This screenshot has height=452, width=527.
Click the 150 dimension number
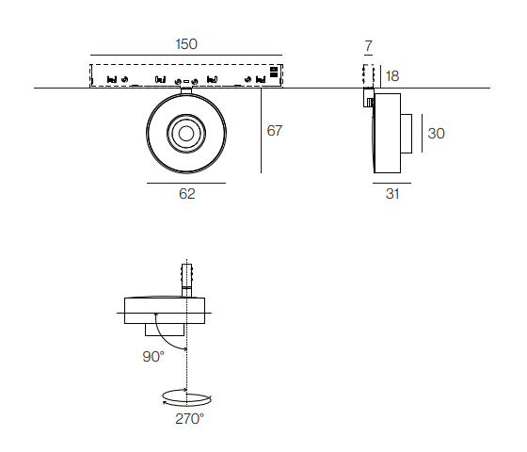(186, 44)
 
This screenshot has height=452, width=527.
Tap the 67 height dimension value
(275, 131)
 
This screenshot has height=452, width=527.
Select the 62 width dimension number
(187, 194)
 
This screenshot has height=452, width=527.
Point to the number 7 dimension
(369, 46)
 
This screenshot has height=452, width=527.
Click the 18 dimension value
(392, 76)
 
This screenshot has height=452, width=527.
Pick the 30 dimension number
(437, 134)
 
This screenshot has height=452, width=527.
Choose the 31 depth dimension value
(392, 194)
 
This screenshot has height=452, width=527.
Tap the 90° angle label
(153, 357)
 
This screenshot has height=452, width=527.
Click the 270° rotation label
(189, 419)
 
